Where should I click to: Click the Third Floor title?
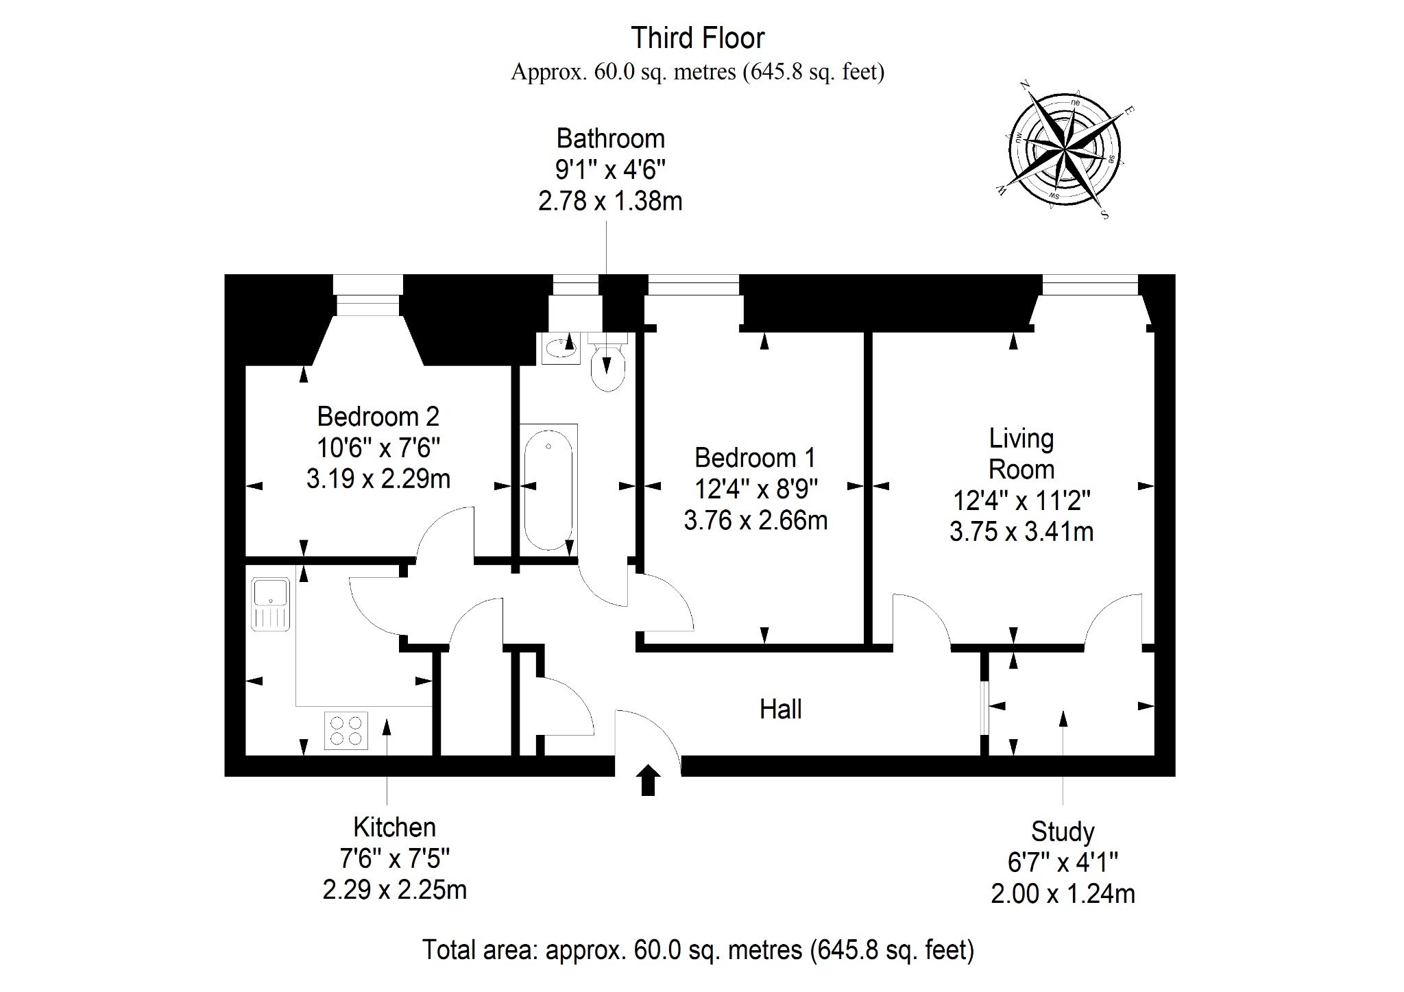click(697, 38)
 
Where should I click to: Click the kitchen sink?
click(271, 603)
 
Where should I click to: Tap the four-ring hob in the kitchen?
click(346, 730)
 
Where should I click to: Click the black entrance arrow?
click(648, 780)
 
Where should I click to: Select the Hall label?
click(780, 709)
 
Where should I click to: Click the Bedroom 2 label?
click(378, 416)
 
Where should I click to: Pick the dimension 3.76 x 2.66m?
click(755, 520)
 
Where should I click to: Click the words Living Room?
click(1021, 454)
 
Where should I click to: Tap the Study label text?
click(1063, 832)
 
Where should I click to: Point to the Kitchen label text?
click(394, 827)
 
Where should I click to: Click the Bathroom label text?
click(610, 138)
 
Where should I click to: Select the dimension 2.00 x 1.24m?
click(1063, 894)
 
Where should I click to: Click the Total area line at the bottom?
click(698, 950)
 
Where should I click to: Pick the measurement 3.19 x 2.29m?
click(378, 479)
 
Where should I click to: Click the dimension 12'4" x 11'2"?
click(1021, 500)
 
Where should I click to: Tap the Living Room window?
click(1090, 285)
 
